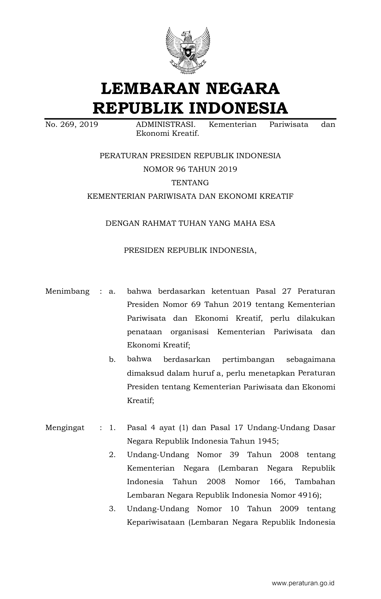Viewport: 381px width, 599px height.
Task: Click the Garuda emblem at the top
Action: pyautogui.click(x=188, y=51)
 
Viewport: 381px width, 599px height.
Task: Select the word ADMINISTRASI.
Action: pyautogui.click(x=165, y=124)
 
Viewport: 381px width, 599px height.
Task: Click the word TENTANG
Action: pyautogui.click(x=190, y=183)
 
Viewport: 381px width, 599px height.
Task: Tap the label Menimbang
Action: pyautogui.click(x=67, y=291)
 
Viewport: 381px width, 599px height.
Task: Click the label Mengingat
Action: pyautogui.click(x=65, y=428)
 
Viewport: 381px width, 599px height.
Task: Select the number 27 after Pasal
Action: pyautogui.click(x=286, y=291)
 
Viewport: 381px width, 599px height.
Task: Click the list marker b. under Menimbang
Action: pyautogui.click(x=112, y=359)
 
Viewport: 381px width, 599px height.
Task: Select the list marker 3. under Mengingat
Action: pyautogui.click(x=112, y=509)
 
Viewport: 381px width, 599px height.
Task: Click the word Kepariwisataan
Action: pyautogui.click(x=156, y=522)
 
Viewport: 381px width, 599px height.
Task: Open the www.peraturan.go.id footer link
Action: pyautogui.click(x=303, y=583)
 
